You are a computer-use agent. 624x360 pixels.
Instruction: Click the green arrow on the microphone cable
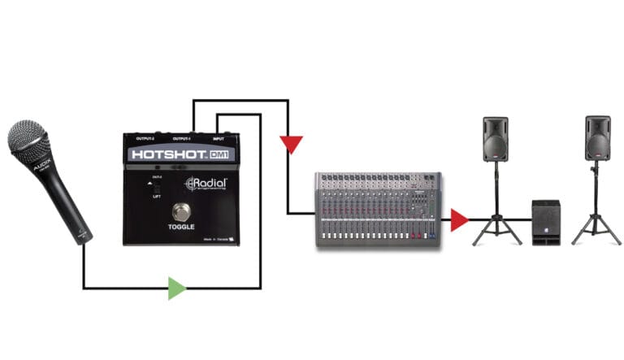pos(176,288)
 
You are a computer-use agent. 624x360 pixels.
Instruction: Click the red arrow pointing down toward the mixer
pos(289,145)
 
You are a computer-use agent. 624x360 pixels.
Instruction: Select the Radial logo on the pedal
pos(205,184)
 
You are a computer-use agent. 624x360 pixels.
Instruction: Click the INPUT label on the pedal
pos(222,137)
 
